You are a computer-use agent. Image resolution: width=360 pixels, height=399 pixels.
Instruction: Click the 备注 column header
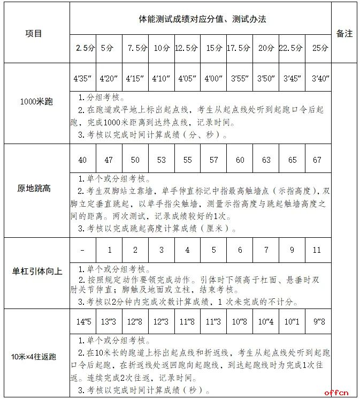(344, 33)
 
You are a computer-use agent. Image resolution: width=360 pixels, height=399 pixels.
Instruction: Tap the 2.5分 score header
(83, 48)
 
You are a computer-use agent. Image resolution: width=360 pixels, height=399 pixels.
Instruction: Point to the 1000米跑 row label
(35, 101)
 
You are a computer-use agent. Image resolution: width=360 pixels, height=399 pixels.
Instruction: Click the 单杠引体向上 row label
(36, 271)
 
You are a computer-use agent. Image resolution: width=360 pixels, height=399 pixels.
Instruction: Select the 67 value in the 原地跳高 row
(318, 160)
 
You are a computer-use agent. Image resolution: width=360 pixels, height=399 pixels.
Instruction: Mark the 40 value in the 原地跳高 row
(82, 160)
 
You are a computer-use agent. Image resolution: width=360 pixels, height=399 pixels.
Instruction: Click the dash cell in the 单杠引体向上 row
(82, 250)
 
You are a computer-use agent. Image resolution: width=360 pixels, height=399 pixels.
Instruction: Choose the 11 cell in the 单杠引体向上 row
(317, 250)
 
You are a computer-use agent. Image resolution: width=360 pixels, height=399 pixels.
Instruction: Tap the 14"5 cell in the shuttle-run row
(82, 322)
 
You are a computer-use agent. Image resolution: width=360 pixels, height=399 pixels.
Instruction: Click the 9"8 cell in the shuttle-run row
(318, 322)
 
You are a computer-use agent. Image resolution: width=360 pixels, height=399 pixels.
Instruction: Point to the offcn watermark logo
(336, 392)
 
